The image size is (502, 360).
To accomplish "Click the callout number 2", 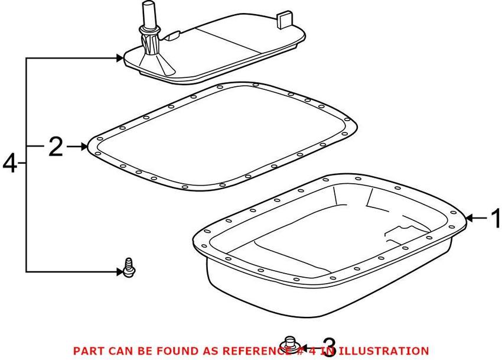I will click(56, 146).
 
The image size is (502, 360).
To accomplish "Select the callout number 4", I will click(10, 163).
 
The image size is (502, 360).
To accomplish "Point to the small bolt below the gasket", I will click(128, 268).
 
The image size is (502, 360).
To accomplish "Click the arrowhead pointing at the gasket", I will click(84, 146).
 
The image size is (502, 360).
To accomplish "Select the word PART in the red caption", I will click(87, 351).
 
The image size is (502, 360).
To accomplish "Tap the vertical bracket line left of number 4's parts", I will click(27, 163).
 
